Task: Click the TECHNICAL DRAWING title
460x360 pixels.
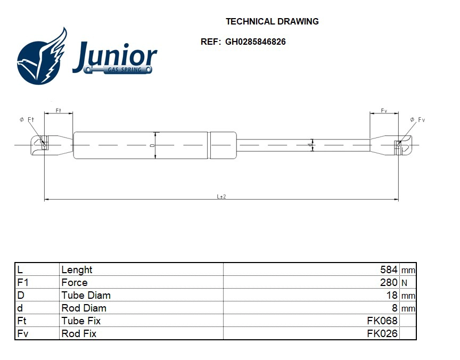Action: tap(272, 22)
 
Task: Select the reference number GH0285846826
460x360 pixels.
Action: tap(255, 42)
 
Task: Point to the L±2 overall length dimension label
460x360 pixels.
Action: tap(221, 196)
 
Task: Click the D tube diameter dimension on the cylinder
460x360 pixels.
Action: tap(154, 145)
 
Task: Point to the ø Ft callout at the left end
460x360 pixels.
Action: tap(27, 120)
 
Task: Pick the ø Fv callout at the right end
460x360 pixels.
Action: tap(417, 120)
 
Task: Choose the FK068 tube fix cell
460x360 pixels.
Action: tap(382, 321)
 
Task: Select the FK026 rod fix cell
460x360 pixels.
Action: tap(382, 334)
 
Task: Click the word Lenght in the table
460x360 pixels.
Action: tap(77, 270)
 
